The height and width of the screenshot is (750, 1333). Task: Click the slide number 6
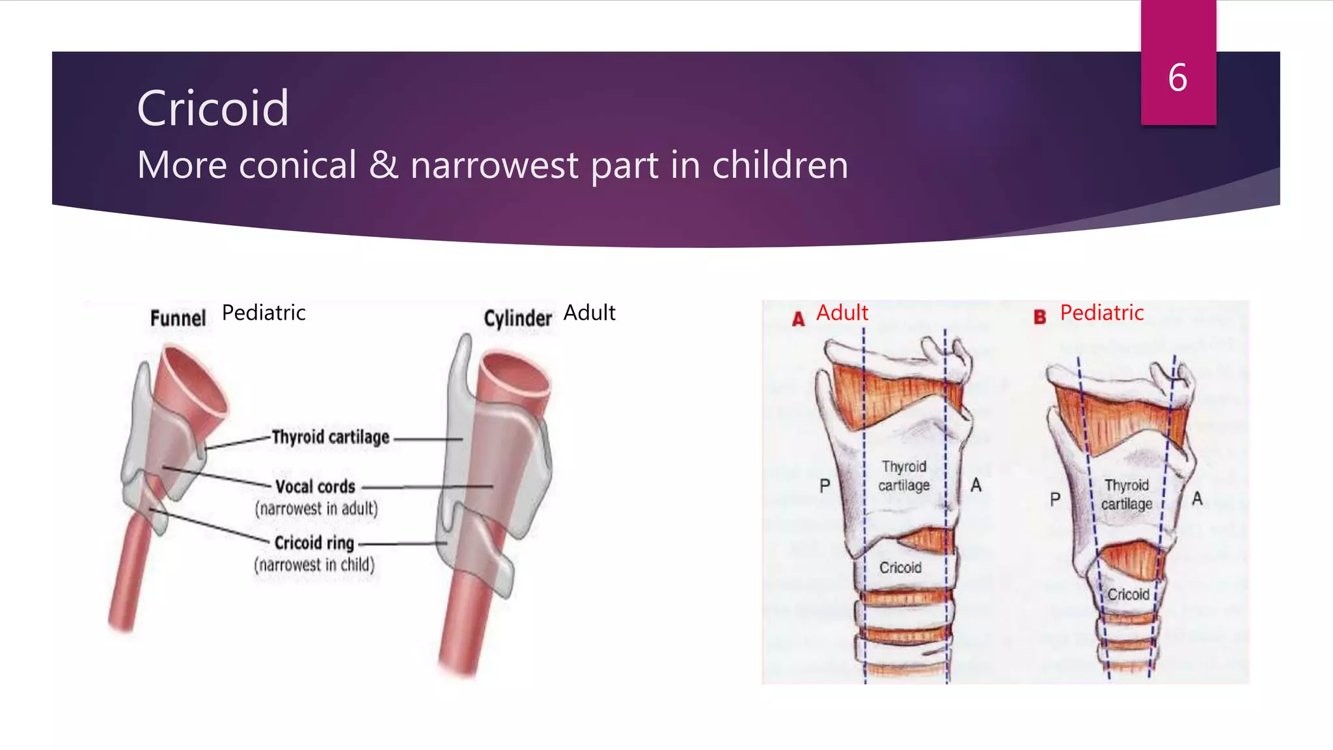[x=1177, y=78]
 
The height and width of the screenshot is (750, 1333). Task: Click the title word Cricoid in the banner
[x=213, y=108]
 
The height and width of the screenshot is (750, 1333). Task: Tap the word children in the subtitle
[x=780, y=165]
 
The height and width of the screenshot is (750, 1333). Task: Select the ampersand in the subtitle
[x=383, y=165]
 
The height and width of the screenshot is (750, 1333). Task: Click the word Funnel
[x=178, y=318]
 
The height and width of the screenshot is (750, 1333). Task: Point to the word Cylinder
[x=517, y=318]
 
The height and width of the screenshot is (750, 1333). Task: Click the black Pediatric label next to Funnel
[x=264, y=313]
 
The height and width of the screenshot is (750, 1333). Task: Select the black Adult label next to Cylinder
[x=589, y=313]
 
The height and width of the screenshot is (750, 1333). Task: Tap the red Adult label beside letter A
[x=842, y=313]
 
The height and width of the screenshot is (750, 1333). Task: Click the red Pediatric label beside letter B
[x=1101, y=313]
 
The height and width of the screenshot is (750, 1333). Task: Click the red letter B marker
[x=1039, y=317]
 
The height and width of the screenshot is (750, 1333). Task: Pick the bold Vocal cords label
[x=315, y=486]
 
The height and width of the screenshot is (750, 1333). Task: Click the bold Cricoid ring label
[x=314, y=542]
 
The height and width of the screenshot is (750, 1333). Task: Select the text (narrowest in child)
[x=314, y=564]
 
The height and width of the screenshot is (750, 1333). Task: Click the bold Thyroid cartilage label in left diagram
[x=331, y=437]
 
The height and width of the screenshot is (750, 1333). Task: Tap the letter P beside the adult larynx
[x=825, y=486]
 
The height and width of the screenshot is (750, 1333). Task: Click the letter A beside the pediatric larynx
[x=1196, y=499]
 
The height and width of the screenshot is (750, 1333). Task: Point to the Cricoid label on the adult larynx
[x=900, y=568]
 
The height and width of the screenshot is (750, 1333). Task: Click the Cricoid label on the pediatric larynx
[x=1128, y=594]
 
